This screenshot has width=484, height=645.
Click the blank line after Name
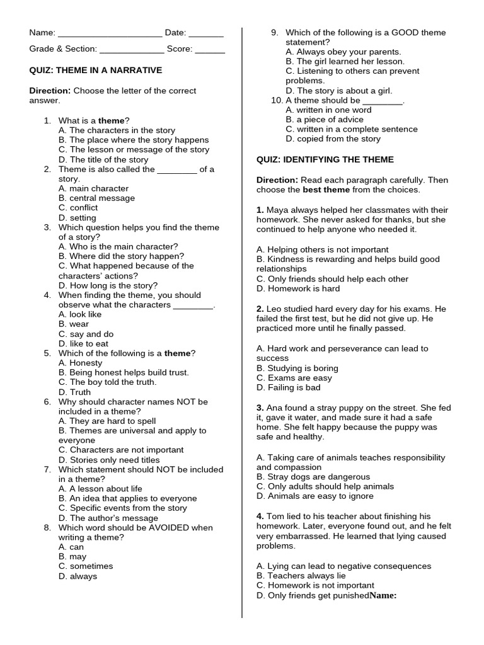click(x=110, y=34)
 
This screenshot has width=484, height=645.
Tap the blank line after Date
click(x=206, y=34)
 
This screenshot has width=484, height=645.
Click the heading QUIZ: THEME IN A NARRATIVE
click(x=96, y=71)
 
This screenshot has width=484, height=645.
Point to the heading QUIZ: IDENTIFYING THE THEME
click(x=325, y=160)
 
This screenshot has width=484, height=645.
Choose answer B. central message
click(x=96, y=198)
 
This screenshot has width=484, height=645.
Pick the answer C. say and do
click(x=86, y=334)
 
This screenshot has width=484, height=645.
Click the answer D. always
click(x=78, y=576)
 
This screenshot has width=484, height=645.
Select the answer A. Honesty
click(x=80, y=363)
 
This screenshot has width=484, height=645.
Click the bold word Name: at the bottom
click(x=383, y=595)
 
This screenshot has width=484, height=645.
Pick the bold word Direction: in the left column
click(x=50, y=91)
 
